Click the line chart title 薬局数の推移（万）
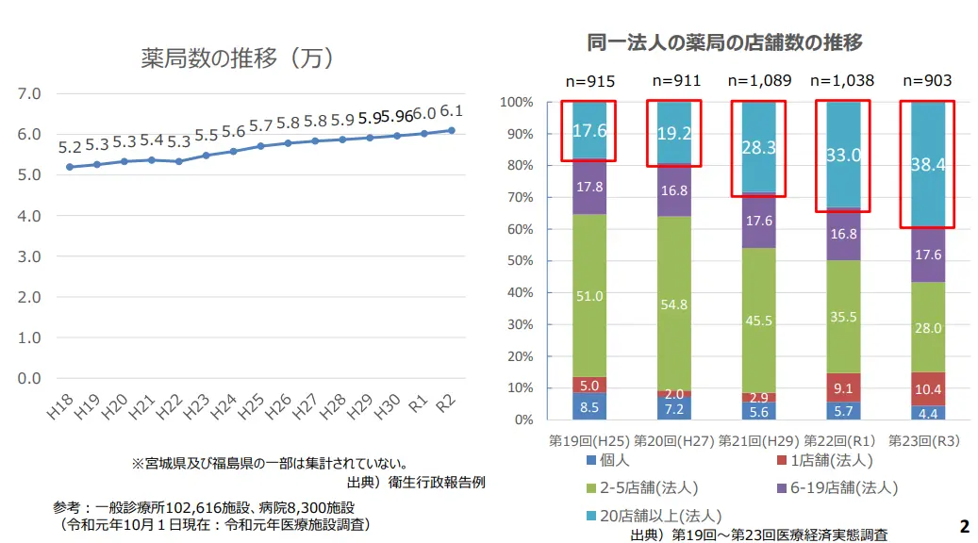[239, 58]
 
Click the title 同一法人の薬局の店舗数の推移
[724, 42]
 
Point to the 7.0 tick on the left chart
[30, 93]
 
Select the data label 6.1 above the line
[451, 111]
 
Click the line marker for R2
[452, 130]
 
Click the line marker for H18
[70, 167]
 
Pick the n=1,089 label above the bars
[757, 81]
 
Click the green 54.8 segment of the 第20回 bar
[673, 304]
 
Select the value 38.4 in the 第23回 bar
[927, 165]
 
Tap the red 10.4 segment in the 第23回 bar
[927, 388]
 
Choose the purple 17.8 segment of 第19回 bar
[588, 187]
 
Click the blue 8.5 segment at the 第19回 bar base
[588, 406]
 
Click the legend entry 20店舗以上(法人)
[653, 516]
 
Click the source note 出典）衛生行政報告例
[416, 483]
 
